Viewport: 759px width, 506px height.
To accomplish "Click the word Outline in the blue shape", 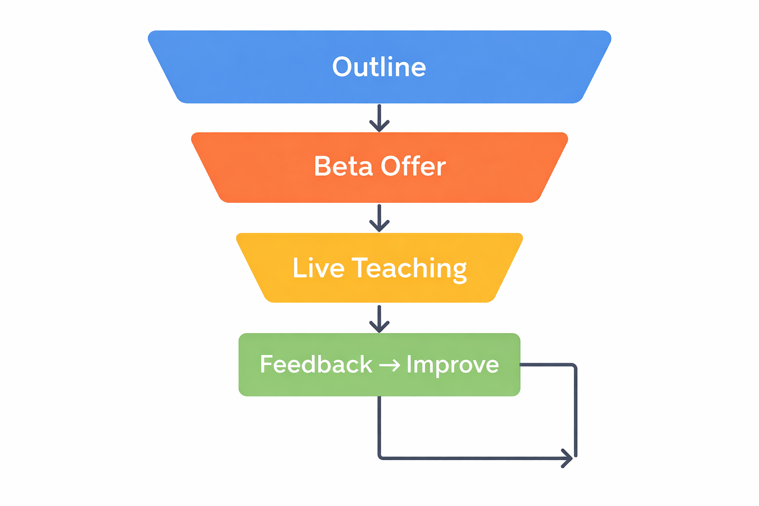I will click(379, 67).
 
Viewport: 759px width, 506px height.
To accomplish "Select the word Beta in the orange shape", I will click(343, 167).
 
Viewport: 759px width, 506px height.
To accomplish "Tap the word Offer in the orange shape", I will click(413, 167).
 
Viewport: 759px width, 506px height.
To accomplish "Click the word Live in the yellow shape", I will click(318, 268).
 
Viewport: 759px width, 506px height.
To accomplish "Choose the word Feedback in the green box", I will click(316, 365).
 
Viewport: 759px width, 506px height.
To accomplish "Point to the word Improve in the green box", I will click(452, 365).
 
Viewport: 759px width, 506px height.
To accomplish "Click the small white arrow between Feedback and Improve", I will click(389, 365).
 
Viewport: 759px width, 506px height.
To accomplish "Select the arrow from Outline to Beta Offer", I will click(379, 119).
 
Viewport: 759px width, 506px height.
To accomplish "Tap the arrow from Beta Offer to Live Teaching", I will click(379, 218).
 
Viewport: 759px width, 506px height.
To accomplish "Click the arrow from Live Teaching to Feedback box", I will click(379, 319).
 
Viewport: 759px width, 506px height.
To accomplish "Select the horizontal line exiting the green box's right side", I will click(546, 365).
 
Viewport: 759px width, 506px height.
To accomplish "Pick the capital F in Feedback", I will click(267, 365).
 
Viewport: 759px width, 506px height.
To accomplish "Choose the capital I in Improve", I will click(409, 364).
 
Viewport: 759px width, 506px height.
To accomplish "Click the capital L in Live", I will click(298, 268).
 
